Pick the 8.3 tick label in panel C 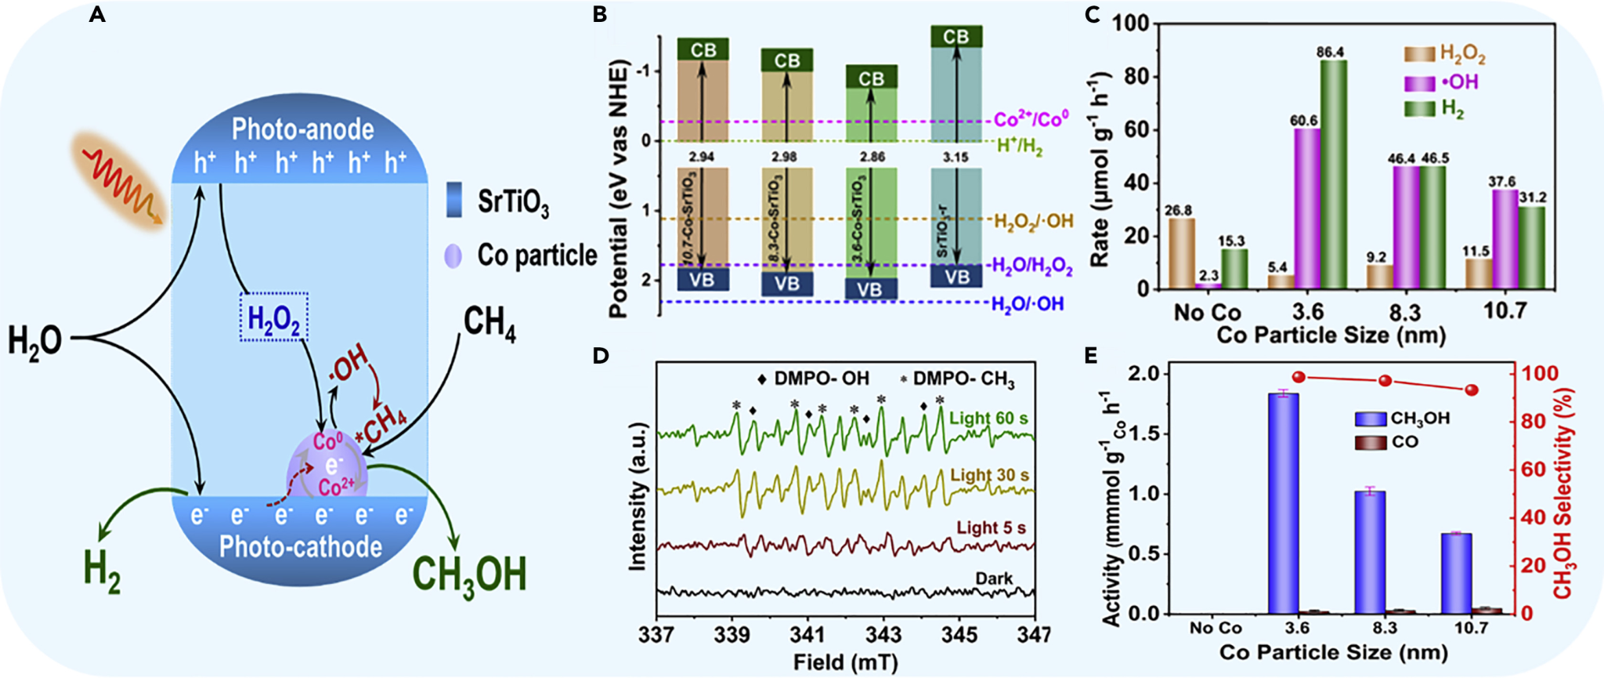[1405, 312]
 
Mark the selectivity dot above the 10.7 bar [1472, 390]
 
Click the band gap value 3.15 [956, 158]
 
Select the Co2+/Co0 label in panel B [1031, 120]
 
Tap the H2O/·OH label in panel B [1028, 304]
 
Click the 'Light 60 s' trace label [988, 419]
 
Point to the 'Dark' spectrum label [994, 578]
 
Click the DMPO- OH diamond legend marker [762, 379]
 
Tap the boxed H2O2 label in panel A [273, 318]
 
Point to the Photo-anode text [302, 129]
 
